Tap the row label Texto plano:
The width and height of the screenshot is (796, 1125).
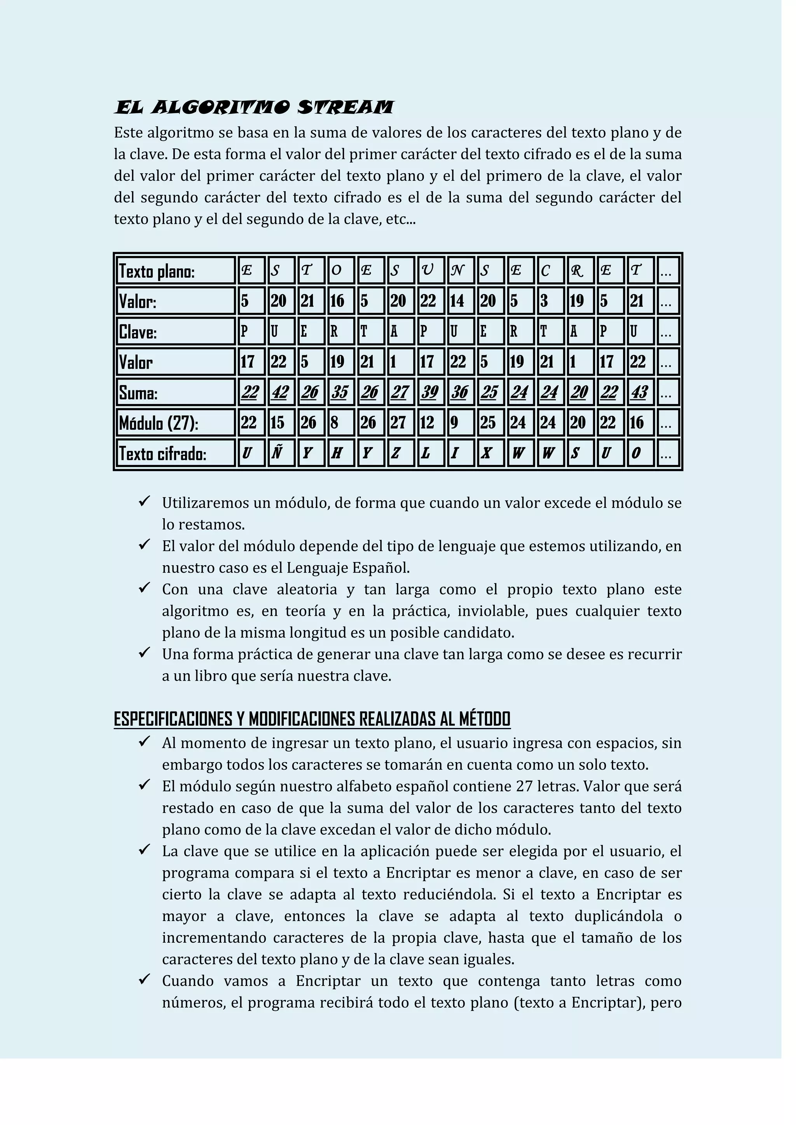pos(157,272)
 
